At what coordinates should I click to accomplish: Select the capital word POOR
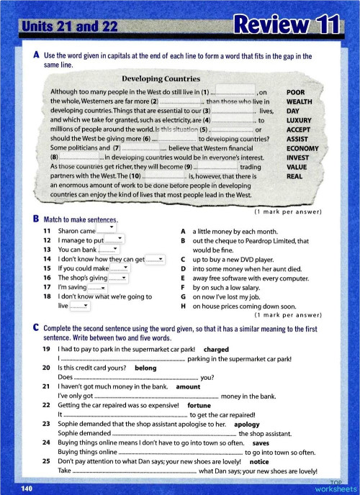tap(298, 93)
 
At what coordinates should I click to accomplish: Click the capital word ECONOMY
tap(302, 148)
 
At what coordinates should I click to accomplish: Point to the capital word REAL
tap(295, 176)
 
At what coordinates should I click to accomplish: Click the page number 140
tap(27, 489)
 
